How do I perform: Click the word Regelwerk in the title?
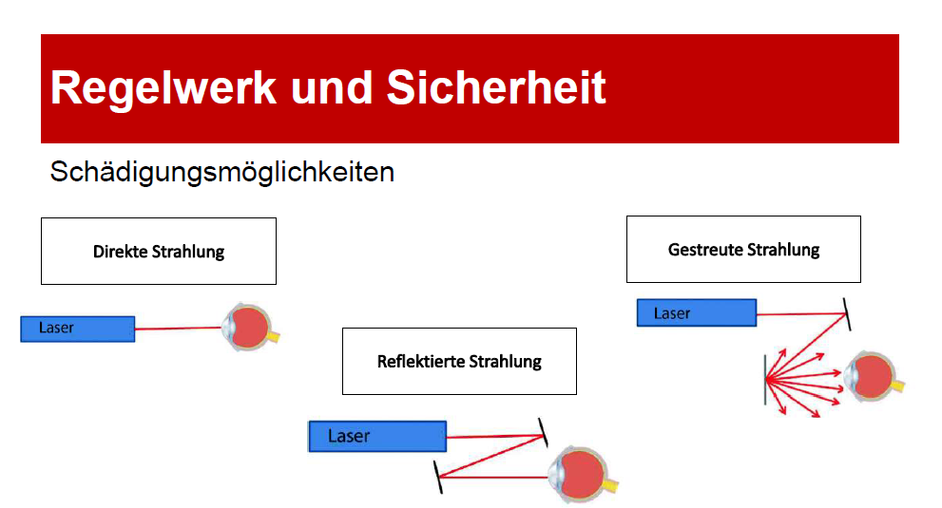pyautogui.click(x=163, y=87)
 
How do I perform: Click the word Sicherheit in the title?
pyautogui.click(x=496, y=87)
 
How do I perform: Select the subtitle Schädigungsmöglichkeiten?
pyautogui.click(x=221, y=173)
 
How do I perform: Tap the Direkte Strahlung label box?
pyautogui.click(x=159, y=252)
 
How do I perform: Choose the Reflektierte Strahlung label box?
pyautogui.click(x=459, y=361)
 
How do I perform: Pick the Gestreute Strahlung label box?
pyautogui.click(x=743, y=250)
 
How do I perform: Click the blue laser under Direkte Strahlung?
pyautogui.click(x=77, y=329)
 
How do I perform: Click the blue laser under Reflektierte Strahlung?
pyautogui.click(x=376, y=437)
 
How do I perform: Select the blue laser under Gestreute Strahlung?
pyautogui.click(x=696, y=313)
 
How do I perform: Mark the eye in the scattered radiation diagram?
pyautogui.click(x=873, y=377)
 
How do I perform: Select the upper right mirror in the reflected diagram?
pyautogui.click(x=543, y=432)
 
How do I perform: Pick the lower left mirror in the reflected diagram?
pyautogui.click(x=438, y=477)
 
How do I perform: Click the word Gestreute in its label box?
pyautogui.click(x=706, y=250)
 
